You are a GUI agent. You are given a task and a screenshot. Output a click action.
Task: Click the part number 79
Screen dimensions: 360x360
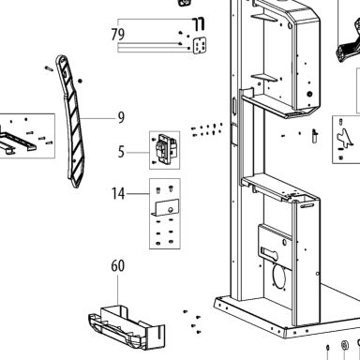coord(118,35)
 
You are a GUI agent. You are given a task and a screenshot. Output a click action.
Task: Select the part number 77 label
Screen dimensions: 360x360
coord(199,24)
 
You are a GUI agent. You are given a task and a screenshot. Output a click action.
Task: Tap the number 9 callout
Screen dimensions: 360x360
coord(121,117)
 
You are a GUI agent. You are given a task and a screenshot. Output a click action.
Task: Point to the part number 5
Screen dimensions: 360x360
coord(121,152)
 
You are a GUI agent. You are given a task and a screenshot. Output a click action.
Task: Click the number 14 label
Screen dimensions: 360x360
coord(118,194)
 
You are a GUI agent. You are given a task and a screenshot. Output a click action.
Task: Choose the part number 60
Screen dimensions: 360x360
coord(118,266)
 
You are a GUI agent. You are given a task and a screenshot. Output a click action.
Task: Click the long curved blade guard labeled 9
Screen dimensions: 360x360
coord(70,122)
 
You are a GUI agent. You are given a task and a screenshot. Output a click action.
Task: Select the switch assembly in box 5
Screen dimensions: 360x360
coord(166,150)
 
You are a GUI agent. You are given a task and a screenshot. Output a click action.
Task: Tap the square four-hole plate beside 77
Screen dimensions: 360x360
coord(200,46)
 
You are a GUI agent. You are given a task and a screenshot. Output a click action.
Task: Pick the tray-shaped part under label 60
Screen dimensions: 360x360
coord(127,327)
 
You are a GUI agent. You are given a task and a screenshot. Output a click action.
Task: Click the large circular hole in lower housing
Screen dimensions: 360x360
coord(279,276)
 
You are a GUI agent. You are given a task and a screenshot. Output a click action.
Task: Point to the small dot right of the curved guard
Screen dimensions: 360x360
coord(80,81)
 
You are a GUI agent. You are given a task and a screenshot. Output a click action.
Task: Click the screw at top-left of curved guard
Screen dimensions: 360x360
coord(49,68)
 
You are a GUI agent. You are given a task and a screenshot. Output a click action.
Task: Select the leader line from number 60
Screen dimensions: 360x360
coord(118,290)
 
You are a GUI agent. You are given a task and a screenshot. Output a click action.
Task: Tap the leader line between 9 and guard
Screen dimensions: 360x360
coord(97,118)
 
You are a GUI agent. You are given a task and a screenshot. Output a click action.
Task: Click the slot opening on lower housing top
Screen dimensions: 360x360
coord(307,206)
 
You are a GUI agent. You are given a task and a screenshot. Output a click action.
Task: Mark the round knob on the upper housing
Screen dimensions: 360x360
coord(309,94)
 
